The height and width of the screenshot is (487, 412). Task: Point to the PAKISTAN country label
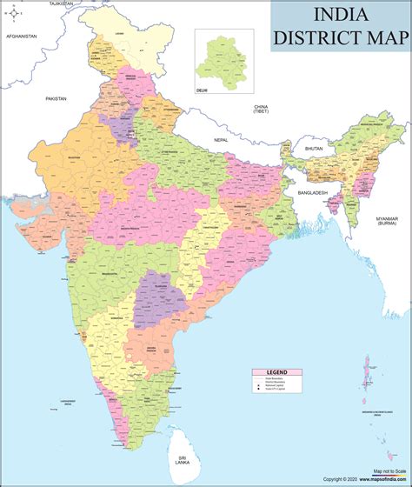click(56, 99)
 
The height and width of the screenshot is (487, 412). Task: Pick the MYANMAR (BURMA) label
click(387, 221)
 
